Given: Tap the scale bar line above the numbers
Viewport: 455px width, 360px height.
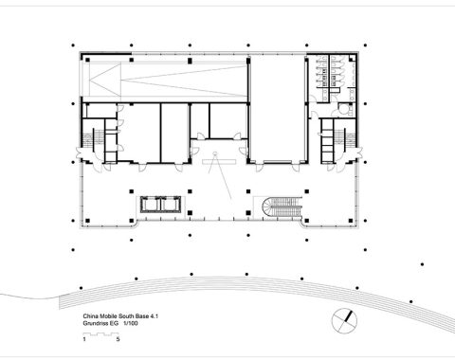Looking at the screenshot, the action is point(100,333).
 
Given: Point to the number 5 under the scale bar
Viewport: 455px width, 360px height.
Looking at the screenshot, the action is point(118,340).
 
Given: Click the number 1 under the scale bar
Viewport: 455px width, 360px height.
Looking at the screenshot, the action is point(84,340).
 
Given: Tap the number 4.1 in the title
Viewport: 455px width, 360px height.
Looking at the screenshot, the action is point(154,316).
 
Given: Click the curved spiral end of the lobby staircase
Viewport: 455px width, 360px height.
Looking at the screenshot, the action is point(266,207).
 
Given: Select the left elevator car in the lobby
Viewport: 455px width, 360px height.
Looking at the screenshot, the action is point(150,205).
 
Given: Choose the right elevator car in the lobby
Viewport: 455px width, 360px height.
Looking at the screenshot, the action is point(171,205).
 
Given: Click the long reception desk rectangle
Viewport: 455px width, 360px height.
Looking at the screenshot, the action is point(219,162).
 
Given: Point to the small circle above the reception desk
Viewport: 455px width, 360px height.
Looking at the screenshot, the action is point(215,154).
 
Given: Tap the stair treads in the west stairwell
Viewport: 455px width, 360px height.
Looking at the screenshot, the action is point(88,139).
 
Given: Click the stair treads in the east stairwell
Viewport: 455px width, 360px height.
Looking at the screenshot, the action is point(350,139).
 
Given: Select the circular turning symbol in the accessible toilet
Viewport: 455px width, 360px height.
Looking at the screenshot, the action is point(342,109).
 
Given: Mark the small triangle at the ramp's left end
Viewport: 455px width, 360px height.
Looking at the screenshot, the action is point(104,80).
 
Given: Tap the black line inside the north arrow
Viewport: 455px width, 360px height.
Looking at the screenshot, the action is point(349,316).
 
